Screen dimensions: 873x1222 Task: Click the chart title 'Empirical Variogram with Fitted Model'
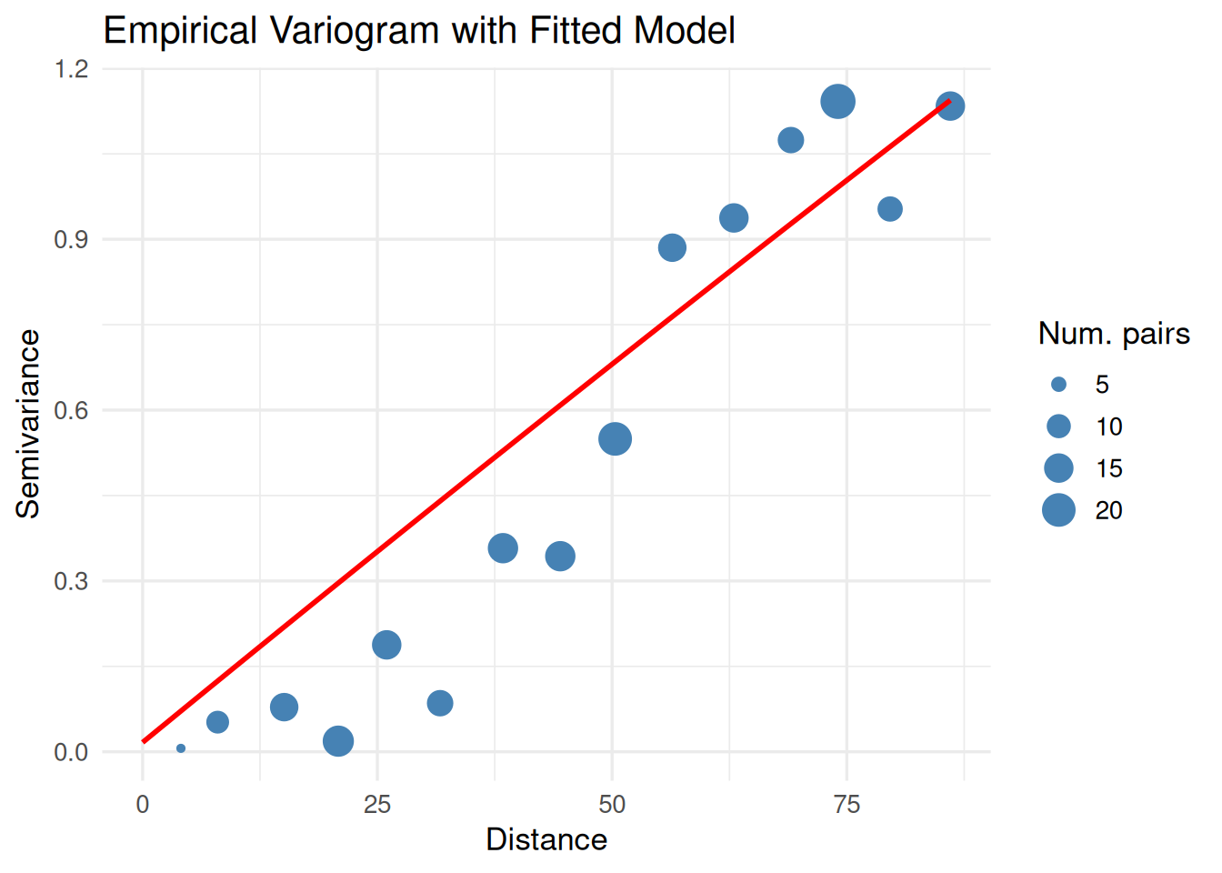(419, 31)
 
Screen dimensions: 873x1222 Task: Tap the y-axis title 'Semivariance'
(28, 424)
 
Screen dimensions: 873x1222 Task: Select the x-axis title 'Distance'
(546, 839)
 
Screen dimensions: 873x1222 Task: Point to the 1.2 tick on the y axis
(71, 69)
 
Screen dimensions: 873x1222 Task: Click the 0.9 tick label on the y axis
(71, 240)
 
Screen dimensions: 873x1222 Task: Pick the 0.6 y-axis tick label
(71, 410)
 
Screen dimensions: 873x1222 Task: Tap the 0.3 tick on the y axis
(71, 581)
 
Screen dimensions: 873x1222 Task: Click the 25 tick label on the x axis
(377, 805)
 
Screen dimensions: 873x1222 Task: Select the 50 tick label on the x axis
(612, 805)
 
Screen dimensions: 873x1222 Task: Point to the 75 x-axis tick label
(846, 805)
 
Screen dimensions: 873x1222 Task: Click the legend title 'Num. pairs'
(1114, 334)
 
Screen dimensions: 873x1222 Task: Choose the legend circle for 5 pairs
(1058, 385)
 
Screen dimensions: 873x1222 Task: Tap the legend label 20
(1108, 510)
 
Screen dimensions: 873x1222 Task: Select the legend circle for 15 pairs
(1058, 468)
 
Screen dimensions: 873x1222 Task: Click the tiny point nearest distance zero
(181, 748)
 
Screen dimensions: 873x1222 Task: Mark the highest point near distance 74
(837, 102)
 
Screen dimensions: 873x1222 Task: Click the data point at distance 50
(615, 439)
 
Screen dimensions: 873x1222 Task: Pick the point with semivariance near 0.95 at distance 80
(889, 209)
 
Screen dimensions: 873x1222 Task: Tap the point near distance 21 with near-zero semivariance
(338, 741)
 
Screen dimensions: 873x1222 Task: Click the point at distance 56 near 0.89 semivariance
(672, 247)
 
